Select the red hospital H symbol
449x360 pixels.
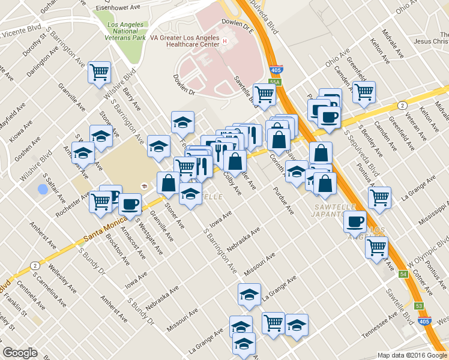pyautogui.click(x=224, y=41)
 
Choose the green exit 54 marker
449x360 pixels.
pyautogui.click(x=403, y=274)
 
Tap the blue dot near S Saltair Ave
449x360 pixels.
pyautogui.click(x=42, y=190)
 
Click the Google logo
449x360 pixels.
pyautogui.click(x=20, y=352)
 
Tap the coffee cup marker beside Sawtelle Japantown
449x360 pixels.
pyautogui.click(x=355, y=221)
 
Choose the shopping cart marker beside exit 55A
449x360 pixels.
pyautogui.click(x=264, y=94)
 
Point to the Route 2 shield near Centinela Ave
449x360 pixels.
pyautogui.click(x=35, y=266)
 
